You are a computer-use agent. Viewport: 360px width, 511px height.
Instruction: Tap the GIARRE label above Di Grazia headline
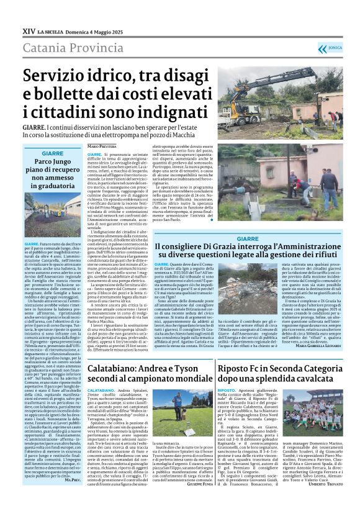(247, 238)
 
